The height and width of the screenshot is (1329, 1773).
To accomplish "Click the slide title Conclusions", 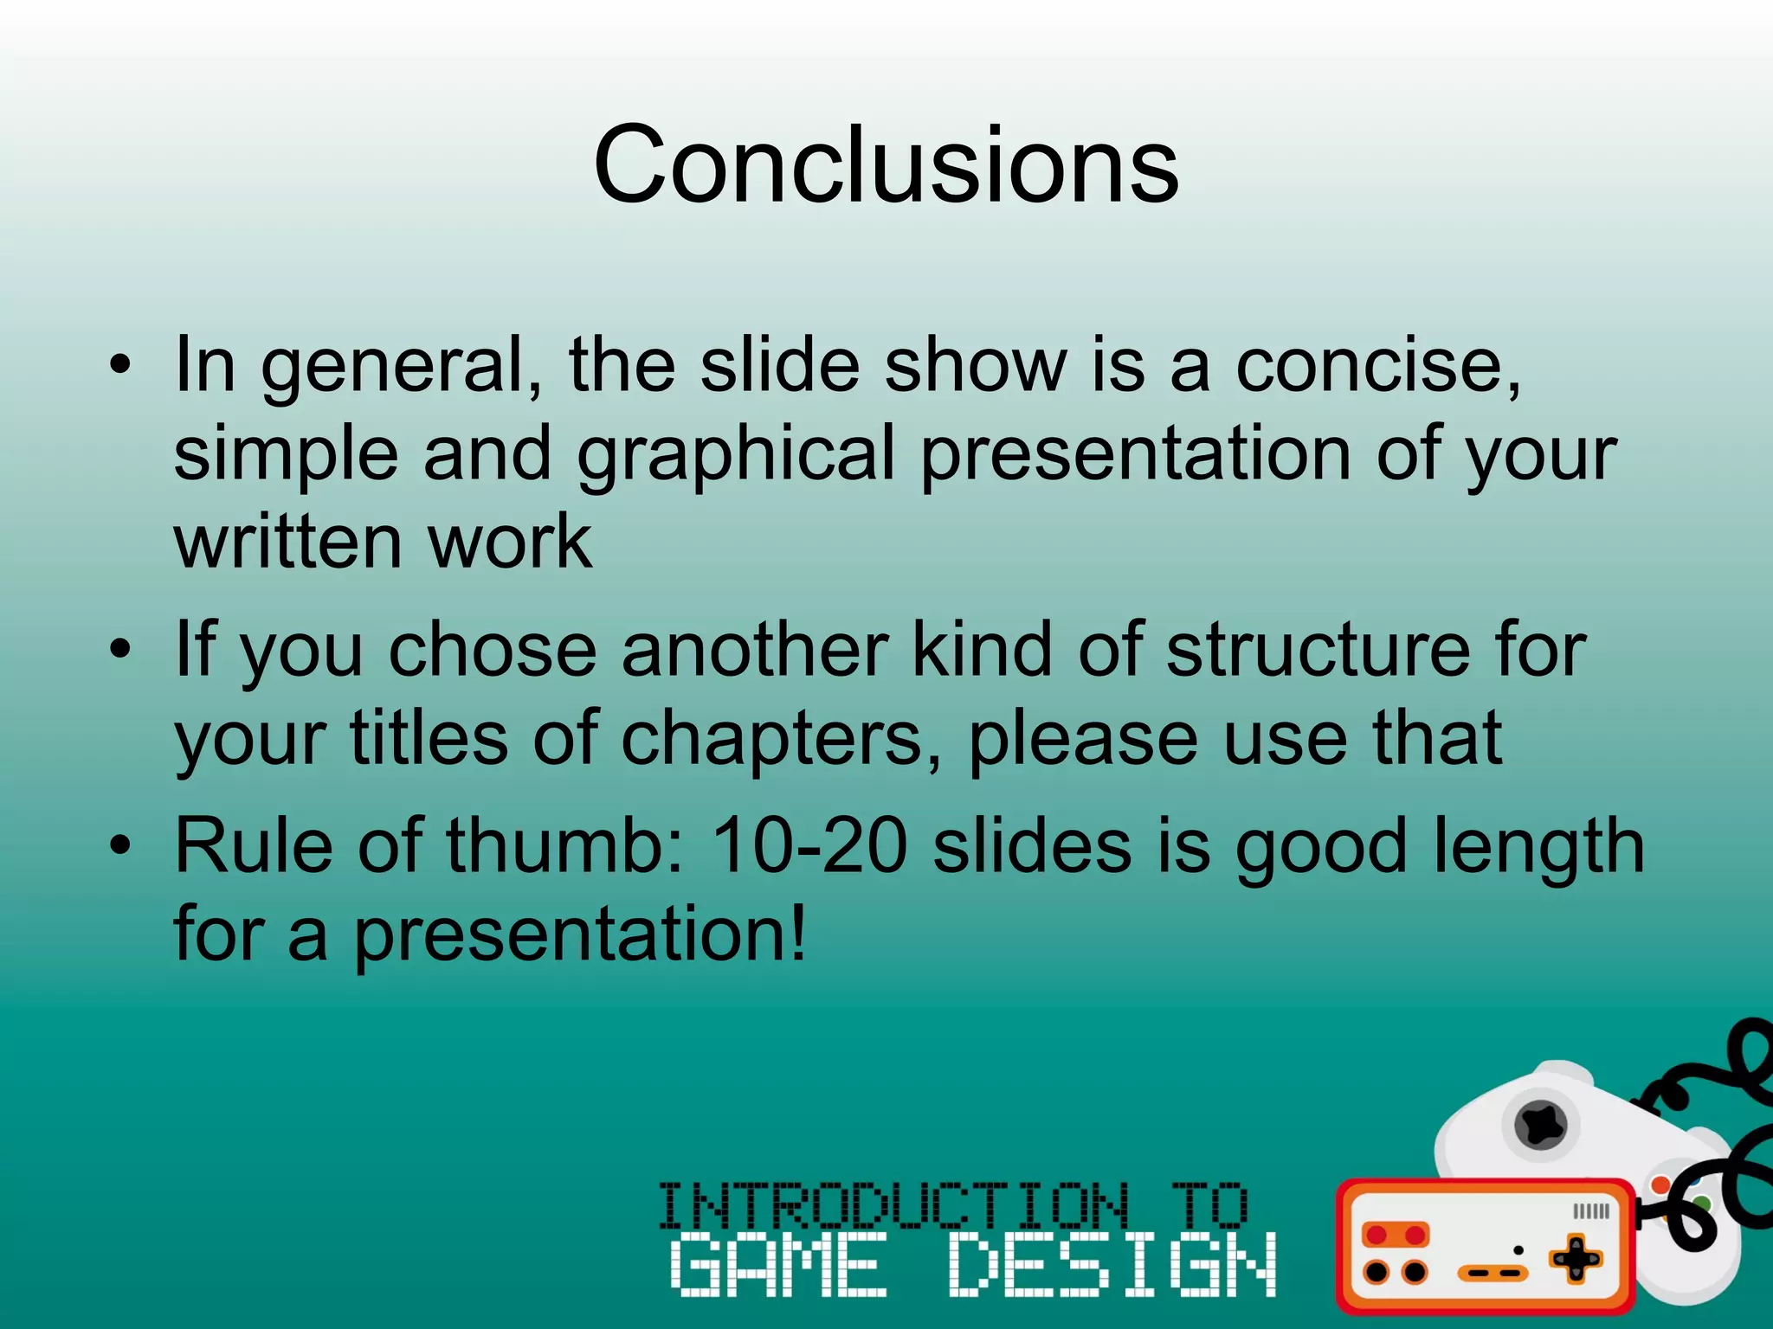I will (885, 164).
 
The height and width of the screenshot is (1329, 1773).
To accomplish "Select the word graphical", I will (735, 454).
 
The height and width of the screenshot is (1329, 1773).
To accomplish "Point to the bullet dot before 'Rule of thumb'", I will (120, 844).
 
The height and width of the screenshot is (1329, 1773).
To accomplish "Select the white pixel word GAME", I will (779, 1265).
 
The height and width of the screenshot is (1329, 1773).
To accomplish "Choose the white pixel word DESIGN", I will (1113, 1265).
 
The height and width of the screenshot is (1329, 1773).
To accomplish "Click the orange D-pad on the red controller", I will (1576, 1259).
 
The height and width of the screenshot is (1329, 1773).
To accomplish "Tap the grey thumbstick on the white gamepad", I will (1541, 1125).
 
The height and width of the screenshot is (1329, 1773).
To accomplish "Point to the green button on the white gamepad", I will (1701, 1203).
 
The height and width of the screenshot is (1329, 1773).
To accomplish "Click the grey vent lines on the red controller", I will (1591, 1211).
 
